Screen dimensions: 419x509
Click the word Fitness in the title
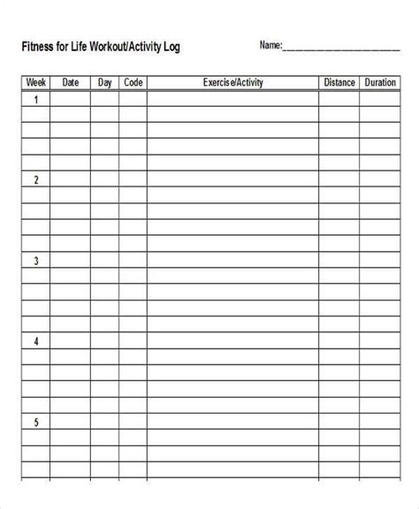(39, 46)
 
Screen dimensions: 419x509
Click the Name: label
(270, 45)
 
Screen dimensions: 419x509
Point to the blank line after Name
(340, 48)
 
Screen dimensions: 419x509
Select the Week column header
(35, 83)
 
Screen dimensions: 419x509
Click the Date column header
(70, 83)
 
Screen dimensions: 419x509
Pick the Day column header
(104, 83)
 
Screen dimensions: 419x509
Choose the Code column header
(133, 83)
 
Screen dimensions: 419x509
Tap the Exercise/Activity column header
(232, 83)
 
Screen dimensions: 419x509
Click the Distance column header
(339, 83)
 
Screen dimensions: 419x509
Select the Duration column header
(380, 83)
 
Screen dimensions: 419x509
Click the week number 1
(35, 100)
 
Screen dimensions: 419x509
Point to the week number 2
(35, 180)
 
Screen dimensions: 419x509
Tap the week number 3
(35, 262)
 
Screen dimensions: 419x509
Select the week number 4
(35, 342)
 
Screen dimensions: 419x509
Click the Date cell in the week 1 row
(70, 100)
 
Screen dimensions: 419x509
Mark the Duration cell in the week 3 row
(380, 262)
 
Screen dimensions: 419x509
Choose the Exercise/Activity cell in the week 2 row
(232, 180)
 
